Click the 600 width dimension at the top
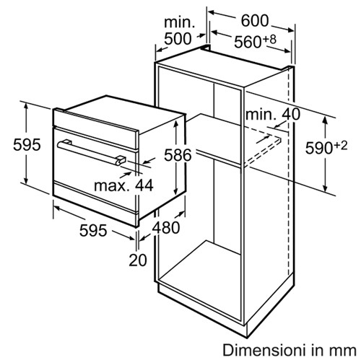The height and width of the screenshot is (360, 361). coord(255,21)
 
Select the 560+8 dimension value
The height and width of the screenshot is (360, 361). coord(256,41)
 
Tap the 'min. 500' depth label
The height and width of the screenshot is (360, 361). coord(178,30)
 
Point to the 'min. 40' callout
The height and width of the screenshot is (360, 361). coord(273,114)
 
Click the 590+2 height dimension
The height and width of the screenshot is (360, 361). coord(326,147)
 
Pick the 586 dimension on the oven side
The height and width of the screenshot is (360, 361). coord(178,154)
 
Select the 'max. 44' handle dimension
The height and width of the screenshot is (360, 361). coord(123,185)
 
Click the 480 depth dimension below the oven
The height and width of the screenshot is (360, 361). coord(166,227)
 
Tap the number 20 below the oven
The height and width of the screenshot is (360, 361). coord(138,260)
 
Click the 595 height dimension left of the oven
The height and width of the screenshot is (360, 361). coord(27,145)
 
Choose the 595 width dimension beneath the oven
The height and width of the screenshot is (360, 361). coord(93,230)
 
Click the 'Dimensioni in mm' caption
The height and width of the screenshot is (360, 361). coord(290,350)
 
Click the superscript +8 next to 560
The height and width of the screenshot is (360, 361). coord(269,39)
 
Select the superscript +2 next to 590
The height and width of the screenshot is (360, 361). coord(341,146)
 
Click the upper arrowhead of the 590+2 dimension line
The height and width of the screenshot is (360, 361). coord(326,120)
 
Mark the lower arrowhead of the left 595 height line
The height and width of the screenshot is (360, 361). coord(26,181)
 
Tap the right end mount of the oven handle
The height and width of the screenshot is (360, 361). coord(121,160)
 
